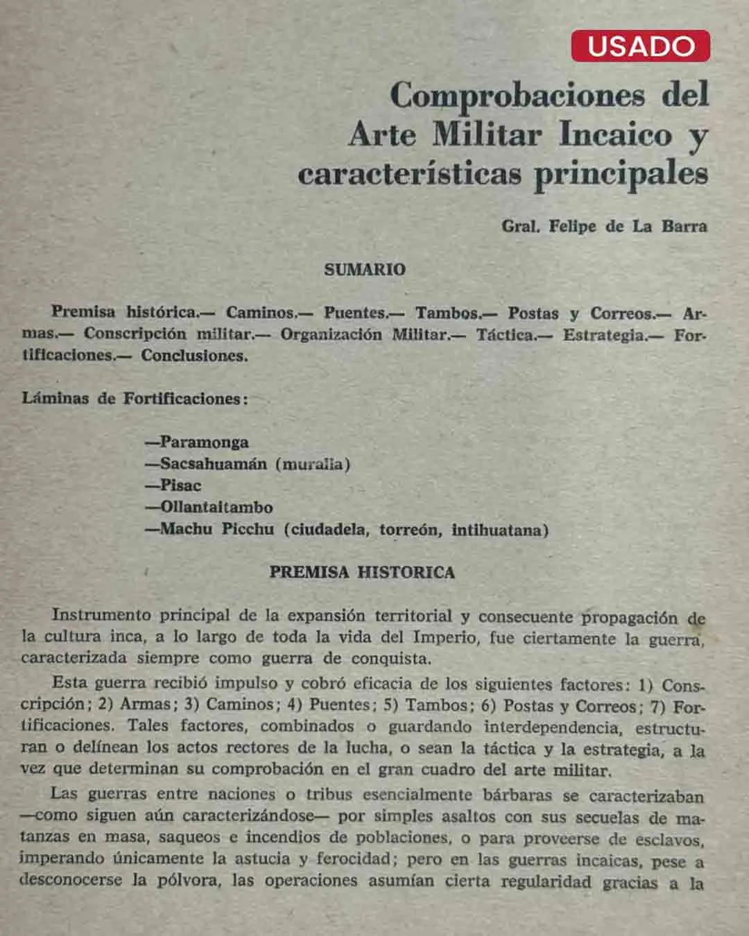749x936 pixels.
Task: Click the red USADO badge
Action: [640, 46]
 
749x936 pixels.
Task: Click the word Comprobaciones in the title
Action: [517, 95]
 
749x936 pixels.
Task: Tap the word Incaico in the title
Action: [615, 134]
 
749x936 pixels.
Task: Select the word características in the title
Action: [410, 173]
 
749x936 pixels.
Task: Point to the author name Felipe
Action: [572, 227]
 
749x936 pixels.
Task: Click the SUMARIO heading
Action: [365, 270]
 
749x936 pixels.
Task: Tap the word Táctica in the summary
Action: [506, 335]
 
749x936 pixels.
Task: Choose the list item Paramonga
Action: [204, 442]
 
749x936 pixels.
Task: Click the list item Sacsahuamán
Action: [213, 464]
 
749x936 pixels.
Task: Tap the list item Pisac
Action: [180, 485]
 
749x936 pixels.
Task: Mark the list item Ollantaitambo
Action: [216, 508]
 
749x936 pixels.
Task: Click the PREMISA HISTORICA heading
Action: [362, 573]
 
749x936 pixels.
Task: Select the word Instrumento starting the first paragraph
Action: [101, 615]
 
